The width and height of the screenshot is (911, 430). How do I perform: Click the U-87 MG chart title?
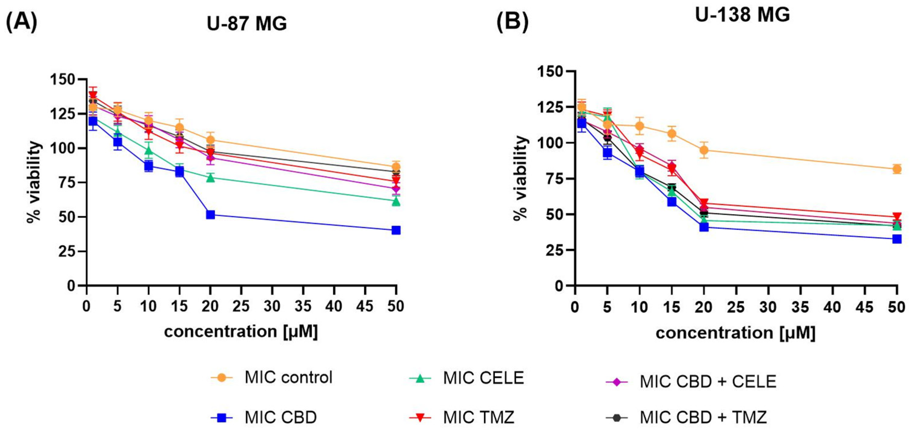point(247,24)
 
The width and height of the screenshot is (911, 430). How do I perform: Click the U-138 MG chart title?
point(742,15)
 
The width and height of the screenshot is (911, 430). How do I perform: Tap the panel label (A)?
point(22,22)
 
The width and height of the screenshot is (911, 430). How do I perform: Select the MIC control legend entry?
point(288,378)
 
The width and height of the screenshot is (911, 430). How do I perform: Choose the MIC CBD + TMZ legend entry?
point(703,417)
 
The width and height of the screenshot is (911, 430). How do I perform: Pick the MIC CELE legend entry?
point(483,378)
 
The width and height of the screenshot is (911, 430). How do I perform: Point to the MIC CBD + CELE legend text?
point(708,382)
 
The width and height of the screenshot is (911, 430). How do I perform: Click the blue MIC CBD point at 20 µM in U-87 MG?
point(210,215)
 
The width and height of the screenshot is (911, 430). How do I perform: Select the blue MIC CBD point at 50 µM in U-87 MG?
point(396,230)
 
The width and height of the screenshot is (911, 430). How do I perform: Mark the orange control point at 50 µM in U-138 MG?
point(896,169)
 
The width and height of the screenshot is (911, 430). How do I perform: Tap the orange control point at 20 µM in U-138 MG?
point(704,150)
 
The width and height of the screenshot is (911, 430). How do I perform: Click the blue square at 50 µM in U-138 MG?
point(896,239)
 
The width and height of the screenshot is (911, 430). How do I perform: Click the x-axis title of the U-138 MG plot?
point(735,333)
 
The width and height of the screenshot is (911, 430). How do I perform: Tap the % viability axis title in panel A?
point(34,182)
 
